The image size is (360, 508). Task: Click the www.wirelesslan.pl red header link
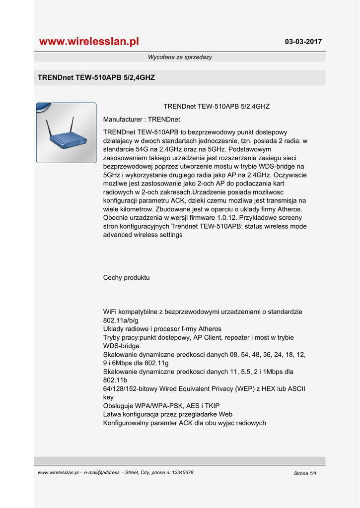tap(89, 42)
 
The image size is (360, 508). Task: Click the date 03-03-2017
tap(303, 42)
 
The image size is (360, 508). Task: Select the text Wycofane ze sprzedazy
tap(180, 57)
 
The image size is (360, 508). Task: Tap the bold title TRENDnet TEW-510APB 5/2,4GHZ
tap(96, 78)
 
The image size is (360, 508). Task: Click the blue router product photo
tap(67, 133)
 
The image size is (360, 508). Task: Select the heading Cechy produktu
tap(126, 278)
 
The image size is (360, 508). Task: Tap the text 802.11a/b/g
tap(121, 320)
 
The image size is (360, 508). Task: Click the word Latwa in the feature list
tap(112, 414)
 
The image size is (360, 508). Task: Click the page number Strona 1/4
tap(305, 473)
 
